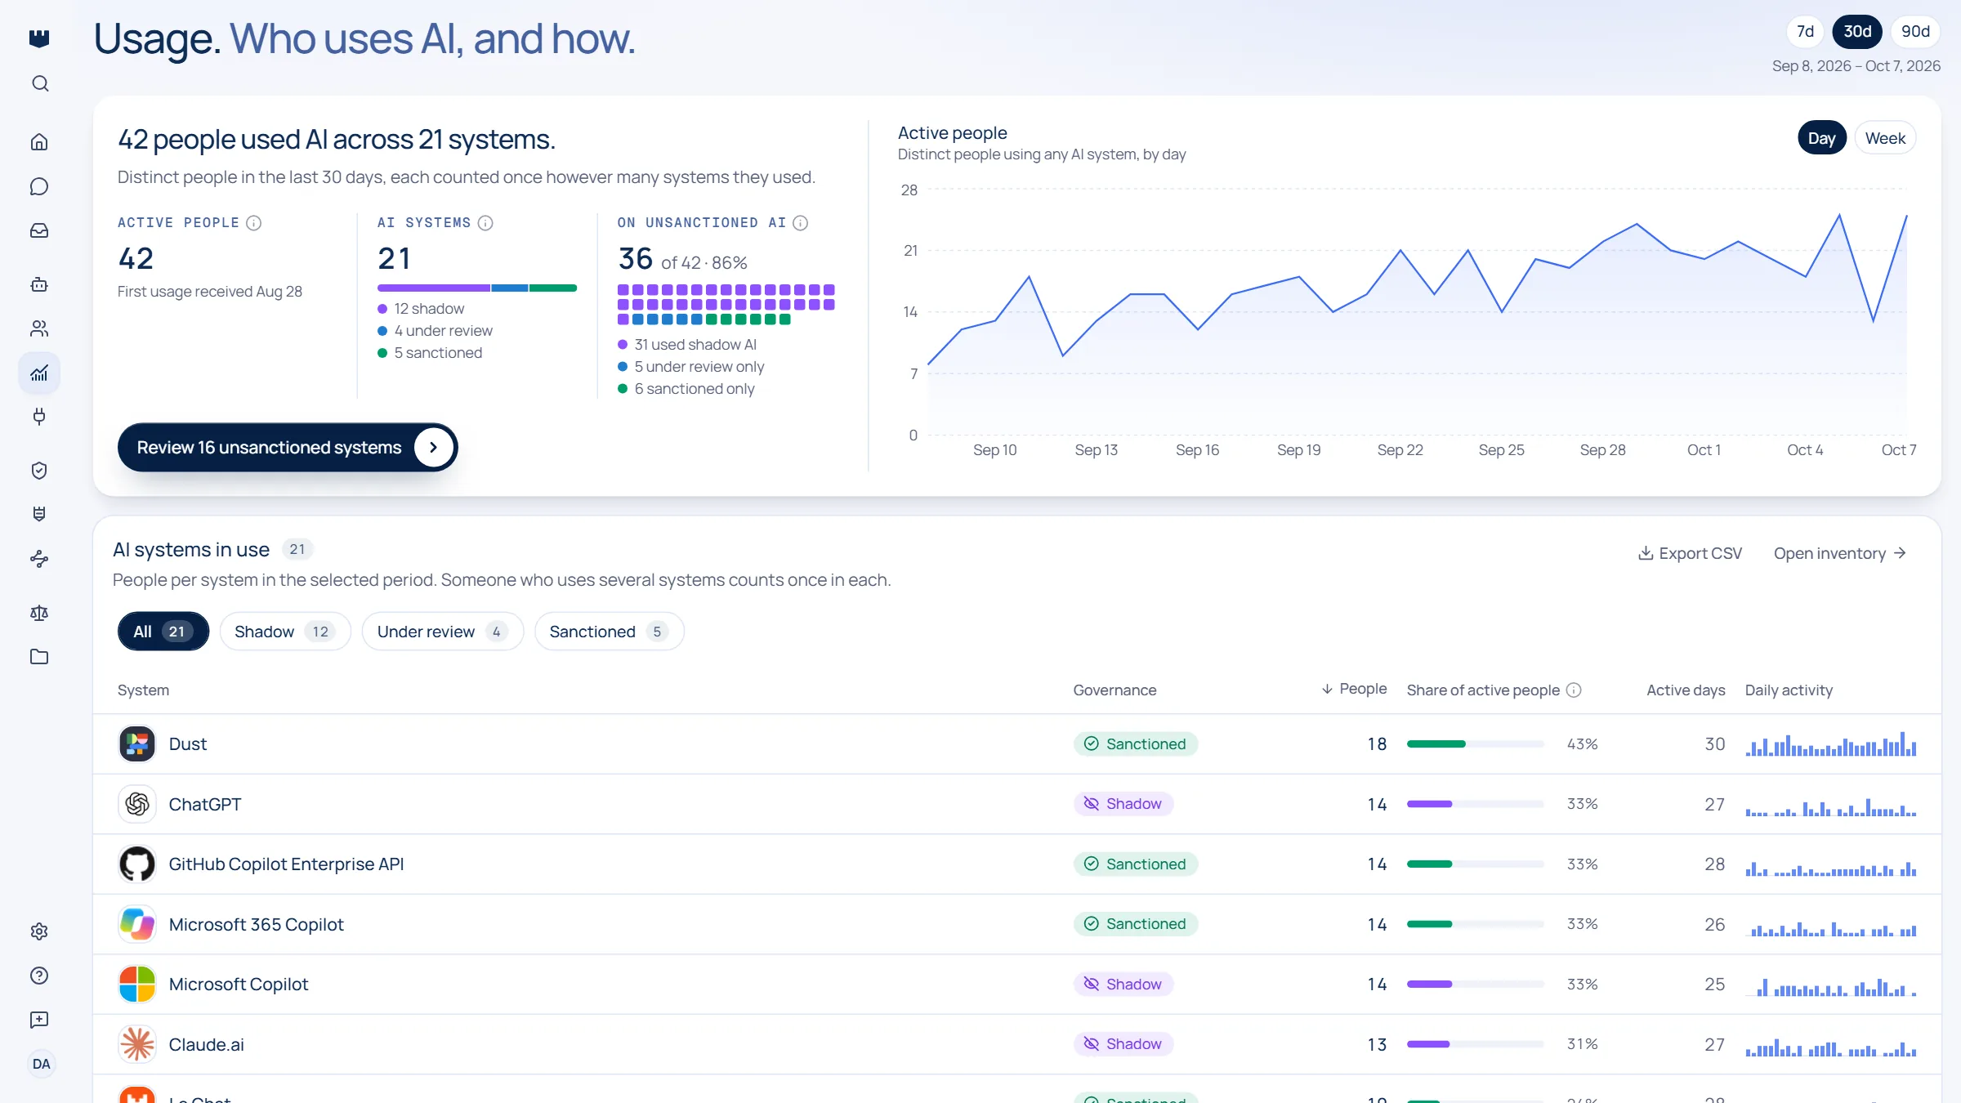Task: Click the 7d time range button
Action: click(x=1805, y=32)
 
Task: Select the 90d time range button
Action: click(x=1915, y=32)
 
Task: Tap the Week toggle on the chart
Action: click(x=1885, y=138)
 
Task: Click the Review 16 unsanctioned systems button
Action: click(x=288, y=448)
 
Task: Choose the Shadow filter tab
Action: click(x=284, y=632)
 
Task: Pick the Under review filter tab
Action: click(x=442, y=632)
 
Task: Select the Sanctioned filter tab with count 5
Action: click(x=609, y=632)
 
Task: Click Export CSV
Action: click(x=1690, y=553)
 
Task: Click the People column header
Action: click(x=1354, y=689)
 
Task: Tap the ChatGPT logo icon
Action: click(x=137, y=804)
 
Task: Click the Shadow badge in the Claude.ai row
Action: click(x=1123, y=1044)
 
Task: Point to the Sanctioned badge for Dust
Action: click(x=1136, y=744)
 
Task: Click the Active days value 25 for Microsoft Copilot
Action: click(x=1714, y=985)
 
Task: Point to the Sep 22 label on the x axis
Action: click(x=1400, y=450)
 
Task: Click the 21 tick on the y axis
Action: click(x=910, y=251)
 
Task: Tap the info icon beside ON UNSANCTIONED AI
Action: click(x=801, y=223)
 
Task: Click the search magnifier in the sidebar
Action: click(x=40, y=83)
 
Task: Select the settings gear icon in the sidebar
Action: click(x=39, y=931)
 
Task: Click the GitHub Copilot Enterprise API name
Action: click(x=286, y=864)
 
